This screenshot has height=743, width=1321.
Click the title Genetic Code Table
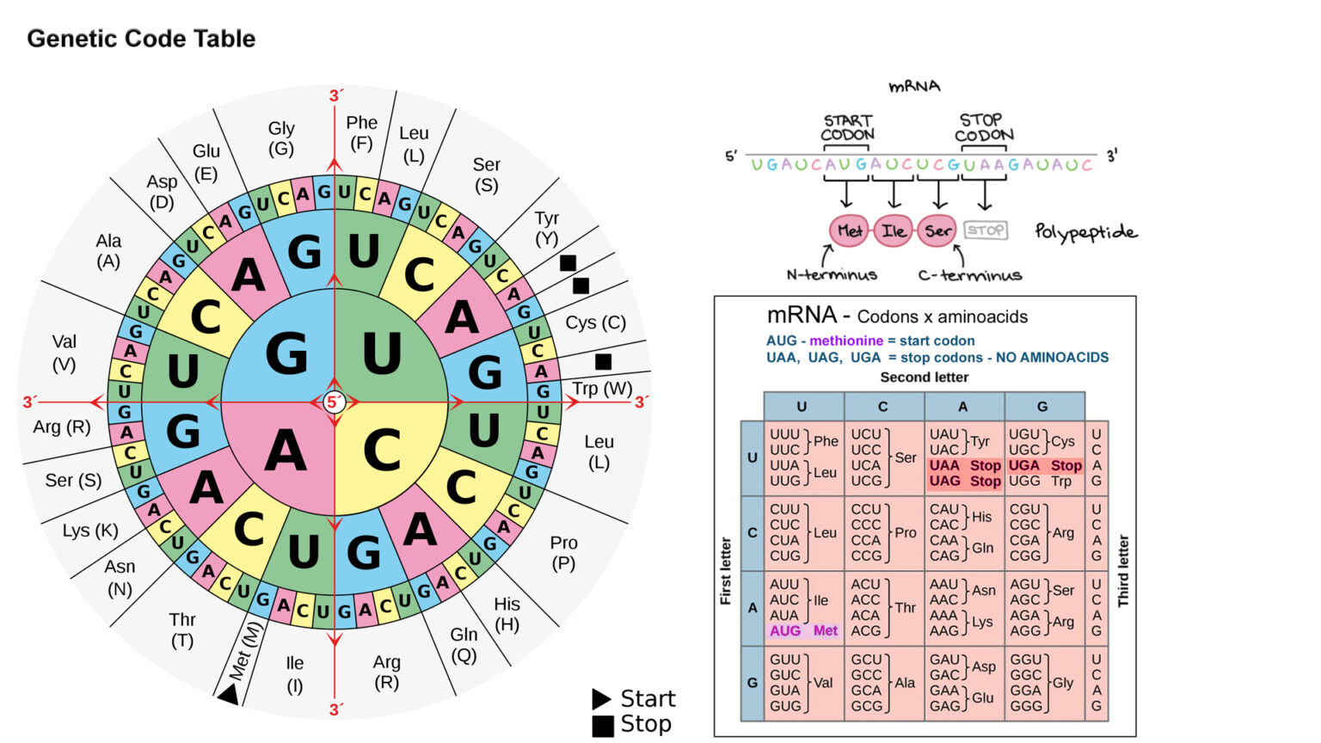click(141, 39)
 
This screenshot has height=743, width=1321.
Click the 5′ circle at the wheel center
click(335, 402)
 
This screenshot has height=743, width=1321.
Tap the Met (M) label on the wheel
click(244, 653)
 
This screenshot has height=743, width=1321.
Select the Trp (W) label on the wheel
click(602, 389)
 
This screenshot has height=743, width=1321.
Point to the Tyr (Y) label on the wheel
click(546, 228)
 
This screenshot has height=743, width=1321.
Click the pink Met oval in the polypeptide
click(849, 230)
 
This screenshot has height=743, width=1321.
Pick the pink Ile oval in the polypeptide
click(894, 230)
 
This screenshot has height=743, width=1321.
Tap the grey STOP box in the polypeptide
click(986, 230)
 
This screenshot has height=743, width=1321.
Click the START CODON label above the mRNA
click(847, 127)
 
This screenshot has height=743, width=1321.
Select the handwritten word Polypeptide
click(1086, 232)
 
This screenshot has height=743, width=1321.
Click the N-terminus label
click(832, 275)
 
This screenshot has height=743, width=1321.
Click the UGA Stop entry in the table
click(1045, 465)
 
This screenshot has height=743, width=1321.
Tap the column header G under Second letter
click(1042, 406)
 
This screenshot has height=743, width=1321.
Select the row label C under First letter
click(753, 532)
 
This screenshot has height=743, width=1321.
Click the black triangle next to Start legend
click(601, 698)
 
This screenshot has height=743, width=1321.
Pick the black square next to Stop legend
click(603, 725)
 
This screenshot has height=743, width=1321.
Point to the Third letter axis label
click(1123, 571)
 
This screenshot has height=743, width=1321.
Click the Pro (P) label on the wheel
click(563, 553)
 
